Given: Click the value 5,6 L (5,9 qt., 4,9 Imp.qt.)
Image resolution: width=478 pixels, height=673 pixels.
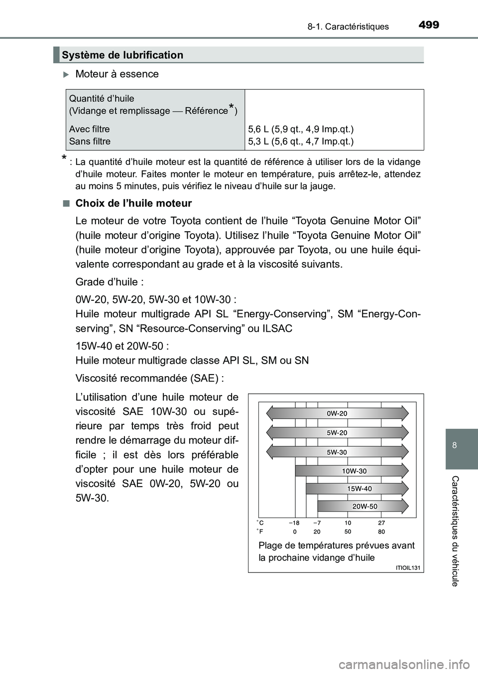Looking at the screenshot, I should click(301, 129).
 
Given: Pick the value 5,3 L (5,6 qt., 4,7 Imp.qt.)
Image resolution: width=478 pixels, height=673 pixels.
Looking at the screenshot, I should click(301, 141).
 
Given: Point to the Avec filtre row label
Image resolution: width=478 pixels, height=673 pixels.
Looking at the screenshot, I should click(90, 129).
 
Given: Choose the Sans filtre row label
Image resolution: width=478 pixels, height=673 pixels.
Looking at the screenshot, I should click(90, 141).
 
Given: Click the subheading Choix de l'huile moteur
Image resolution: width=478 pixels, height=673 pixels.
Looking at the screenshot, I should click(133, 203).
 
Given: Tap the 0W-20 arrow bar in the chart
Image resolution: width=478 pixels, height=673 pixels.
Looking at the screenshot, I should click(337, 413).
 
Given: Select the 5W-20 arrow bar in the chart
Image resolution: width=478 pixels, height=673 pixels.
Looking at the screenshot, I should click(337, 433).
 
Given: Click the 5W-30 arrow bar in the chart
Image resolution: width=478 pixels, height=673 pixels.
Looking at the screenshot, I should click(337, 452).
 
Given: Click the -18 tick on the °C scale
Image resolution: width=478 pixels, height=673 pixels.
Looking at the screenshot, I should click(294, 523).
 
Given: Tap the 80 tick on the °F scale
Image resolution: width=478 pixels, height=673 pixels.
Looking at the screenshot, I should click(381, 532).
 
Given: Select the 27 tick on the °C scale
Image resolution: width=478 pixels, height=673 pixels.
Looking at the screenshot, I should click(381, 523).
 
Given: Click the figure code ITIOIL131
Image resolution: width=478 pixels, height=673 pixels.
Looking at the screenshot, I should click(408, 567).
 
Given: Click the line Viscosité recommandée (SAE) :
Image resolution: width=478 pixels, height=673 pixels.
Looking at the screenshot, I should click(149, 378).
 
